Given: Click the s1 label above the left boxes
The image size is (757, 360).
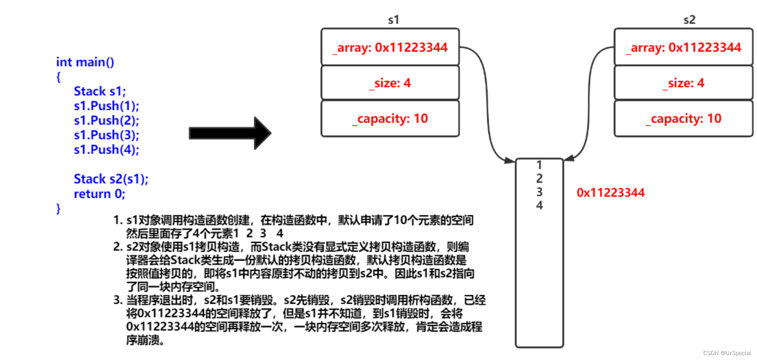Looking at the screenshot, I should click(393, 20).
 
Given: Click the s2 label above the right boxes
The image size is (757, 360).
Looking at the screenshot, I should click(689, 20).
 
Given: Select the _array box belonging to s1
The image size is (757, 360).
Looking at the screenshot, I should click(390, 47).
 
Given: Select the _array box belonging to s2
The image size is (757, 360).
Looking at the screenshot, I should click(684, 47).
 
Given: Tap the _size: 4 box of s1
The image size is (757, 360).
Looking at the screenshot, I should click(390, 83).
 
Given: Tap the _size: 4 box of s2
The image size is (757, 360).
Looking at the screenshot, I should click(684, 83).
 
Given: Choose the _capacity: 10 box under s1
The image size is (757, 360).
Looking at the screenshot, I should click(390, 119).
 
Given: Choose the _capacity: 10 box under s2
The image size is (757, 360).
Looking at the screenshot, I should click(684, 119).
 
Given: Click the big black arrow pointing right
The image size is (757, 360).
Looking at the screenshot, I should click(230, 133).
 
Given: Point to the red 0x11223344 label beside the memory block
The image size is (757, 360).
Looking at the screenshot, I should click(610, 193).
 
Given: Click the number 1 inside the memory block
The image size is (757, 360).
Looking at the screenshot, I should click(539, 165).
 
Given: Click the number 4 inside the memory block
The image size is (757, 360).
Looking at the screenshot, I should click(539, 205).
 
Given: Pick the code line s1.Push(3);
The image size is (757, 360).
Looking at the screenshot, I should click(106, 135).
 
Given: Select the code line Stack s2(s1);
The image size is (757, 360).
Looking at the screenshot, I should click(111, 179).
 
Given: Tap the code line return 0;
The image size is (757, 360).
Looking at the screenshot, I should click(99, 194).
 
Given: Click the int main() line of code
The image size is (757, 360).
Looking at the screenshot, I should click(85, 62).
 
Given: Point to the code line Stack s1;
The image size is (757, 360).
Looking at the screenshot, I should click(100, 91).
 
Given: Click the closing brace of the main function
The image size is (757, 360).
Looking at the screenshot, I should click(58, 209).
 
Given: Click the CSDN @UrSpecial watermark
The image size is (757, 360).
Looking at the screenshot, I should click(726, 353).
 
